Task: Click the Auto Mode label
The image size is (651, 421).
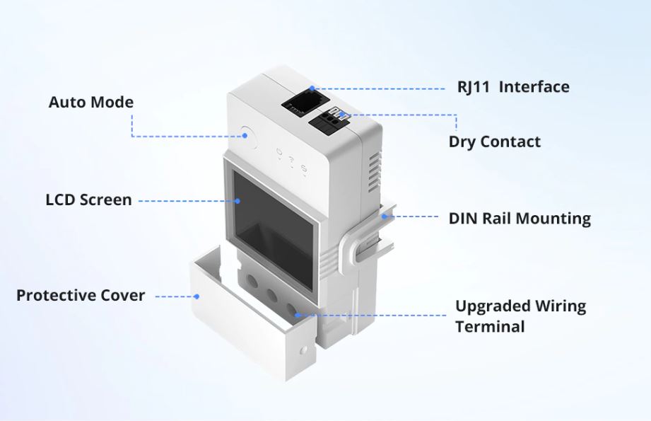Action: click(91, 102)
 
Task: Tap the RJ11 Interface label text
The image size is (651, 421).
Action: click(513, 87)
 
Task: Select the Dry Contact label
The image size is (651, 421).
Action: click(495, 142)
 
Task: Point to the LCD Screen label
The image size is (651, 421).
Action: click(88, 200)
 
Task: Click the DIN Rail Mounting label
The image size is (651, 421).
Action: click(520, 219)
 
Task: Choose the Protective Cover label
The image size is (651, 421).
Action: click(81, 296)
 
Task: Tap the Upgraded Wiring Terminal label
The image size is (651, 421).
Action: click(521, 316)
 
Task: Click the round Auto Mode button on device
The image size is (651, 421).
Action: click(248, 137)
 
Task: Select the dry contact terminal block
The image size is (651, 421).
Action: click(329, 120)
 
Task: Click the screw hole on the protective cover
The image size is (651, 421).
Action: click(304, 350)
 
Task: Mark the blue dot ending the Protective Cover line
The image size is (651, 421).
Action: click(197, 296)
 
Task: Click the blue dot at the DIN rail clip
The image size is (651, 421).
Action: click(385, 216)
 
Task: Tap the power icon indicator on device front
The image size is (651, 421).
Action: click(279, 151)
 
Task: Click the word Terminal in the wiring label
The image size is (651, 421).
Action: click(490, 327)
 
